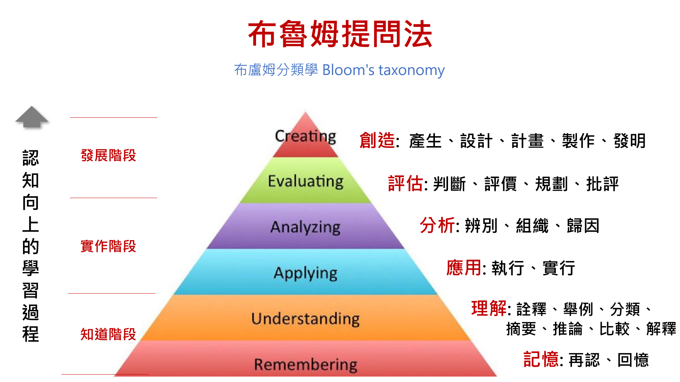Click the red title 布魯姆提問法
pos(340,34)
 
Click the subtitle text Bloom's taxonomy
pos(383,70)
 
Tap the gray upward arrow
pos(32,117)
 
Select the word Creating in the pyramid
pos(305,136)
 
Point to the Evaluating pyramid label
pos(305,181)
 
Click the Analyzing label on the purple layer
pos(305,227)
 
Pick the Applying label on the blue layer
pos(305,273)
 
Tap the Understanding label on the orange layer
pos(305,319)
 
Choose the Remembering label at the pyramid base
pos(305,364)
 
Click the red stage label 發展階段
pos(108,155)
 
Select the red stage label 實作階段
pos(108,246)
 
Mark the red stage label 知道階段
pos(108,334)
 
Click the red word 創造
pos(377,140)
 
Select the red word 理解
pos(489,308)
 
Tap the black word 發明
pos(630,141)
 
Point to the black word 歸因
pos(583,226)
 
